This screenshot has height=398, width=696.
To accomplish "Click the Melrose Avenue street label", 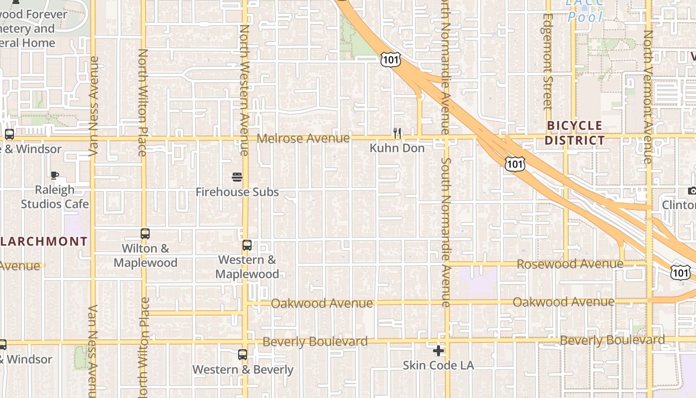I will click(x=303, y=138).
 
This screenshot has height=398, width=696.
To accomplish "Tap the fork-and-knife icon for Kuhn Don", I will click(x=397, y=133).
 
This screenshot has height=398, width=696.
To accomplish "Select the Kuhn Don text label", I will click(x=397, y=148).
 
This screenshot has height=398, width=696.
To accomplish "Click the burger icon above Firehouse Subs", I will click(x=237, y=177).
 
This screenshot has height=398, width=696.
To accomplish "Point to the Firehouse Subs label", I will click(x=237, y=192).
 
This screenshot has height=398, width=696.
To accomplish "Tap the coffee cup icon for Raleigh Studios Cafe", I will click(x=55, y=175).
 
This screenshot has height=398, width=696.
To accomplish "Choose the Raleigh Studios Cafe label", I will click(x=55, y=197).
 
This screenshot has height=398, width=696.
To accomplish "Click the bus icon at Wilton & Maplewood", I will click(x=145, y=234).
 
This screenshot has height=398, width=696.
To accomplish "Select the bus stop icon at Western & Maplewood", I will click(x=247, y=245).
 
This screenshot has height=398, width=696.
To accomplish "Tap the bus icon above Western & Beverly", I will click(x=243, y=355).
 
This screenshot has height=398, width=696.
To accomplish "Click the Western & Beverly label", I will click(x=243, y=370).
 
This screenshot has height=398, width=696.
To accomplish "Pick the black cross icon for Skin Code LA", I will click(x=438, y=351).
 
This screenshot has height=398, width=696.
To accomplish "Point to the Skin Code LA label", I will click(x=438, y=366).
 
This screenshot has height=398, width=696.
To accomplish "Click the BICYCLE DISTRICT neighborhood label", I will click(x=574, y=133).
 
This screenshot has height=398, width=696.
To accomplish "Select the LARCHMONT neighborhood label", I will click(x=44, y=242).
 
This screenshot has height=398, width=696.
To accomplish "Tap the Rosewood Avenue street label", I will click(x=570, y=264).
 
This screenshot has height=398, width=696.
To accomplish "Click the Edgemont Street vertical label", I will click(x=548, y=61).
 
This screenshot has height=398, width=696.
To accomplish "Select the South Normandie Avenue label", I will click(x=446, y=232).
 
